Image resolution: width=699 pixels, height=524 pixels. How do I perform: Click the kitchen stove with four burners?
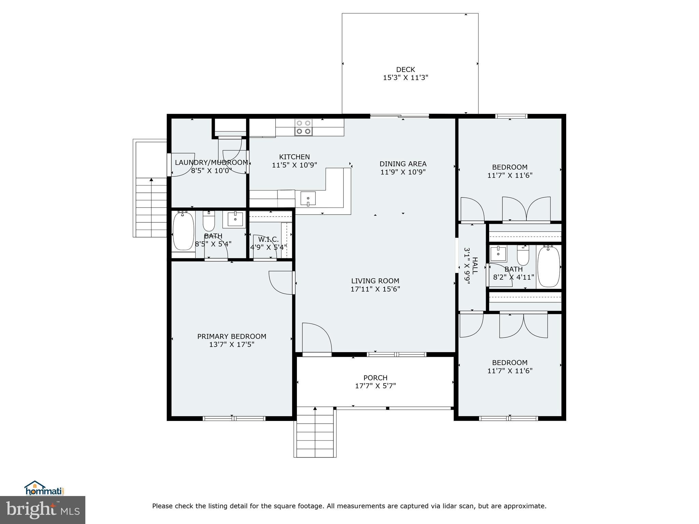(303, 127)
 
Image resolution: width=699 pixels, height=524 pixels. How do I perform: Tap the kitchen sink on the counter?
(308, 199)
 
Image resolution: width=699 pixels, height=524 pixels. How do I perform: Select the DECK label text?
(405, 70)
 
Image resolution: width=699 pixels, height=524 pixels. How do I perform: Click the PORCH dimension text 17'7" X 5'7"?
(375, 386)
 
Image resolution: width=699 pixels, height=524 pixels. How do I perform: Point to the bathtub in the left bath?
(183, 231)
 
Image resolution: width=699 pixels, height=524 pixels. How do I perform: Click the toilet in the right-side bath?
(523, 256)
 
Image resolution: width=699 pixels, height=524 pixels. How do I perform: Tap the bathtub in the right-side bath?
(548, 266)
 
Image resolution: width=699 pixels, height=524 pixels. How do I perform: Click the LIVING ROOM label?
(375, 281)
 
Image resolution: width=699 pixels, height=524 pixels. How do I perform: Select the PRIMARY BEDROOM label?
(232, 336)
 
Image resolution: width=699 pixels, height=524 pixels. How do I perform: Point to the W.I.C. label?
(268, 239)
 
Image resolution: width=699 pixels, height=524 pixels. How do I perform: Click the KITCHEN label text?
(294, 157)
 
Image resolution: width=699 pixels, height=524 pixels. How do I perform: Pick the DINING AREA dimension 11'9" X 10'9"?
(403, 172)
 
